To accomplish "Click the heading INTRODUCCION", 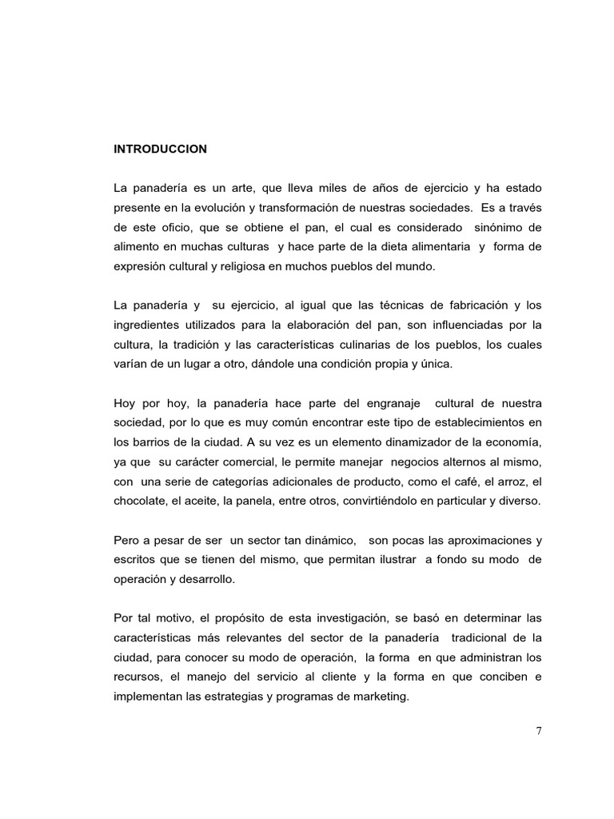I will [160, 149].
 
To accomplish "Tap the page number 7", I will [539, 730].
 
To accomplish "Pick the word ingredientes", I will [146, 325].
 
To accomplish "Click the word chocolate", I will [140, 501].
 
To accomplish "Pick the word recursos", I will [137, 677].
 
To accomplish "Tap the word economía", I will [512, 441].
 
